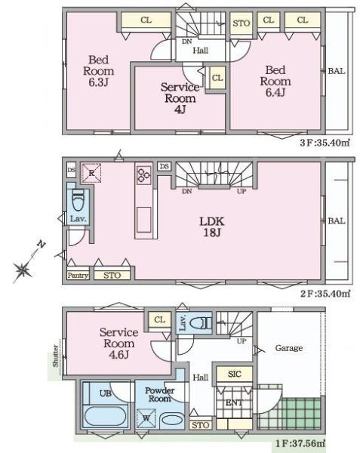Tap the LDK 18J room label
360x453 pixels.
point(212,227)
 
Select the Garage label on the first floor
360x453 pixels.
point(289,348)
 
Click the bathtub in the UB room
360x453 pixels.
point(105,416)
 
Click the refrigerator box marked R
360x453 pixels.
point(91,173)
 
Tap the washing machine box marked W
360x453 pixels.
point(146,418)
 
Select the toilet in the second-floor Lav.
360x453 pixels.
point(78,200)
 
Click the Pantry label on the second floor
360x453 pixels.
point(78,276)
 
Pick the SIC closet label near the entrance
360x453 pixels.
point(234,374)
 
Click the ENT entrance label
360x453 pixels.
point(234,402)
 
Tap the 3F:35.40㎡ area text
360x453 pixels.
point(325,143)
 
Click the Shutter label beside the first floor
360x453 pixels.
point(55,356)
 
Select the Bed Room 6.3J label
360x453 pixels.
point(98,71)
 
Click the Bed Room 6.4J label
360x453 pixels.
point(275,82)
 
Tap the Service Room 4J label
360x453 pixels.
point(180,98)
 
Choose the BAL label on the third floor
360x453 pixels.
point(337,71)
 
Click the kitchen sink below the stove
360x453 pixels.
point(143,220)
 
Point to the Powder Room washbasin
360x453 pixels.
point(171,420)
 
